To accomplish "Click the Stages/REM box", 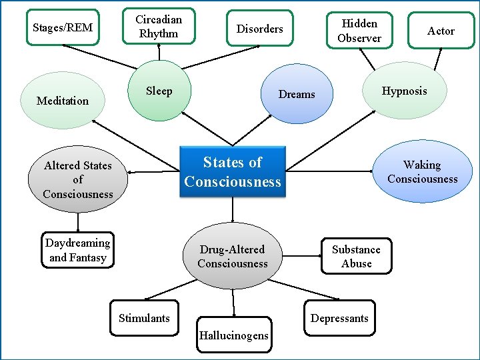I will [63, 27].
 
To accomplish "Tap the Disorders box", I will [259, 29].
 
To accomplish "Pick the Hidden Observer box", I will [359, 31].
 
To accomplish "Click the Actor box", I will [441, 31].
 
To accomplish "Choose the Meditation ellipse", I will [63, 101].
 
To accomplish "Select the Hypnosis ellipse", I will [404, 91].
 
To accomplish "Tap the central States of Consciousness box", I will [233, 172].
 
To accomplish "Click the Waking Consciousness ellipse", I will [422, 172].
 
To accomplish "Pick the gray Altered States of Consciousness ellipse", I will [78, 179].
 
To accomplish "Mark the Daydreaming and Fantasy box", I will [78, 250].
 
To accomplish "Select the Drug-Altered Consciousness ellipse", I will [232, 257].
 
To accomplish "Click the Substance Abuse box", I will [356, 256].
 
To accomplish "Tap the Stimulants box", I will [144, 318].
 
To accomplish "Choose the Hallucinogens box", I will [233, 335].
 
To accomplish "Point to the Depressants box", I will [339, 318].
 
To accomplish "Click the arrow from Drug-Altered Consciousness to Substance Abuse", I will [302, 254].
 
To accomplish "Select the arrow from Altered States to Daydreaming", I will [78, 221].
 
